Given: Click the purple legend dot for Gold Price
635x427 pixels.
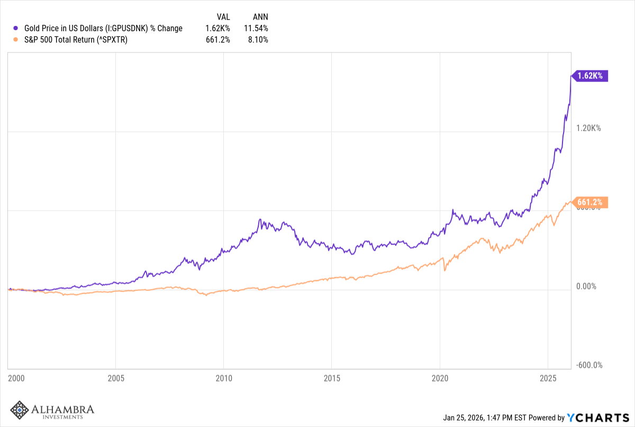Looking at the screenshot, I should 17,28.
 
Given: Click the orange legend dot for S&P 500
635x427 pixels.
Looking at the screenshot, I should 17,39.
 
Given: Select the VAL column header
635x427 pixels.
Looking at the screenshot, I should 223,17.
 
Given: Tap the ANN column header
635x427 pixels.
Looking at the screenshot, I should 260,17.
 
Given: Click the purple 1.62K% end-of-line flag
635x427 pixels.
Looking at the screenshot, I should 591,76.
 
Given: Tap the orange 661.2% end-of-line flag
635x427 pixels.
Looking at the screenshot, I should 591,202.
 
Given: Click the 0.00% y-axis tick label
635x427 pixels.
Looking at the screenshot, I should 586,286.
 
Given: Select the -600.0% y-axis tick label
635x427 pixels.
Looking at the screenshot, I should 589,365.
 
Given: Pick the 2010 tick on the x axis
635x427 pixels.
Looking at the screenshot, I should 223,379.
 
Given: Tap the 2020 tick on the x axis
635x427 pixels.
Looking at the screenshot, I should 440,379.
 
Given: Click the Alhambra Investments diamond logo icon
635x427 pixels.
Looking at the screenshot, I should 20,411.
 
